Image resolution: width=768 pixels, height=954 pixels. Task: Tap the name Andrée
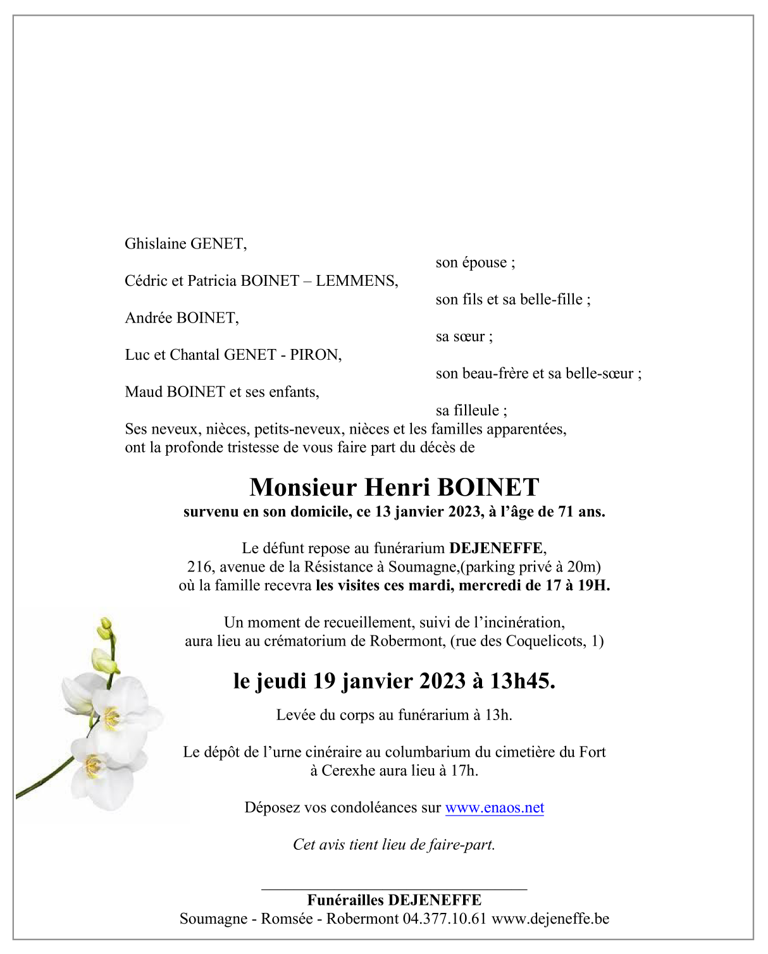click(x=149, y=318)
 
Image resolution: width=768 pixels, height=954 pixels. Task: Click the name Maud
click(x=144, y=392)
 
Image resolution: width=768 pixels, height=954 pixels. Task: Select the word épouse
click(x=484, y=263)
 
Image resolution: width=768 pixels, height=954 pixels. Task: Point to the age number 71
click(x=566, y=512)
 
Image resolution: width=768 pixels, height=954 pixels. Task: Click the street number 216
click(x=199, y=567)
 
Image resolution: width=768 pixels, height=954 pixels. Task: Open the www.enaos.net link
click(x=495, y=808)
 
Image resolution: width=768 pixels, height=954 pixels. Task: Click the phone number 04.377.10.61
click(x=444, y=919)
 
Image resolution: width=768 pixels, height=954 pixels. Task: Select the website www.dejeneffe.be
click(x=550, y=919)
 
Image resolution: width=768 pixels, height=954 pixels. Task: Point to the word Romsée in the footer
click(x=287, y=919)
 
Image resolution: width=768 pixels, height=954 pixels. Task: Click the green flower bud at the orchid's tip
click(x=105, y=628)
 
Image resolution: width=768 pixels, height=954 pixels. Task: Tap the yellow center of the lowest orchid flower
click(x=94, y=765)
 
